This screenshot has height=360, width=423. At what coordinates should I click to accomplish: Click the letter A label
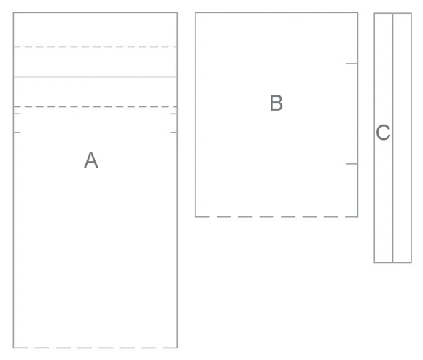pos(91,160)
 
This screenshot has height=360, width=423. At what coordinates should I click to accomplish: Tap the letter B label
pos(276,103)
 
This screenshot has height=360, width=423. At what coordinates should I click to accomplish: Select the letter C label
pos(383,133)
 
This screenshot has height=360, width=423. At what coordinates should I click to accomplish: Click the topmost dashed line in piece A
pos(96,47)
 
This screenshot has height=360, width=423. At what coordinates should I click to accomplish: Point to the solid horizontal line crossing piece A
pos(96,77)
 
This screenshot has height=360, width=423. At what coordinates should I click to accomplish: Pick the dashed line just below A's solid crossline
pos(96,107)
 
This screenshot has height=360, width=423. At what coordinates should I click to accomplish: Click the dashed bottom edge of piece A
pos(96,348)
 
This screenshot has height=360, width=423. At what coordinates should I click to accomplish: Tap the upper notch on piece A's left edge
pos(17,114)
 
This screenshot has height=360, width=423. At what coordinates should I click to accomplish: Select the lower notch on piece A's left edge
pos(17,133)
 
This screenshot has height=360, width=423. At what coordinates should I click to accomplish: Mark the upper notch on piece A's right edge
pos(174,114)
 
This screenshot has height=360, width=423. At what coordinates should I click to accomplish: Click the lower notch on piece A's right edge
pos(174,133)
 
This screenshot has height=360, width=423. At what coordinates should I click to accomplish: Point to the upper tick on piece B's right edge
pos(352,63)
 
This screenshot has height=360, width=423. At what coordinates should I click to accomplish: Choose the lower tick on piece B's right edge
pos(352,163)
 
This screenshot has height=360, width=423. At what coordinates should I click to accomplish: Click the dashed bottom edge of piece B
pos(276,216)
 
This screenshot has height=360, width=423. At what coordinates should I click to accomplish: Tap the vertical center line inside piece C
pos(393,138)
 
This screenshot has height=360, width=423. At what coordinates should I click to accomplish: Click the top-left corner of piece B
pos(195,12)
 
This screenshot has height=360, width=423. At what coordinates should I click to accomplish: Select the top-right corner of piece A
pos(177,12)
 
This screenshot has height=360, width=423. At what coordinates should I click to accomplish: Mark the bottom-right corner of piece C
pos(411,262)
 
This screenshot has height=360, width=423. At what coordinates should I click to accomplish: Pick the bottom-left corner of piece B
pos(195,216)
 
